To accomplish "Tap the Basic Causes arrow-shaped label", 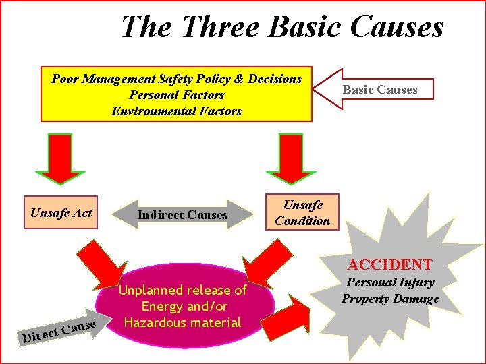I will click(379, 89).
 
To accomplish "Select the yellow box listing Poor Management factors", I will click(176, 94).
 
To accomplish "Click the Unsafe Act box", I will click(61, 213).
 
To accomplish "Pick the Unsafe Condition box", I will click(302, 213).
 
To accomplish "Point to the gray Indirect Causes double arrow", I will click(183, 215).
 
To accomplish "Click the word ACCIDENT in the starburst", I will click(389, 264).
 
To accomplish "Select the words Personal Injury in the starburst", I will click(390, 282).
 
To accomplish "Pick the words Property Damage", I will click(390, 299).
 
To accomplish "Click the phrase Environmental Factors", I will click(176, 111).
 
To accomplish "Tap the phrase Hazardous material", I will click(182, 322).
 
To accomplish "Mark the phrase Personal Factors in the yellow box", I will click(176, 95).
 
